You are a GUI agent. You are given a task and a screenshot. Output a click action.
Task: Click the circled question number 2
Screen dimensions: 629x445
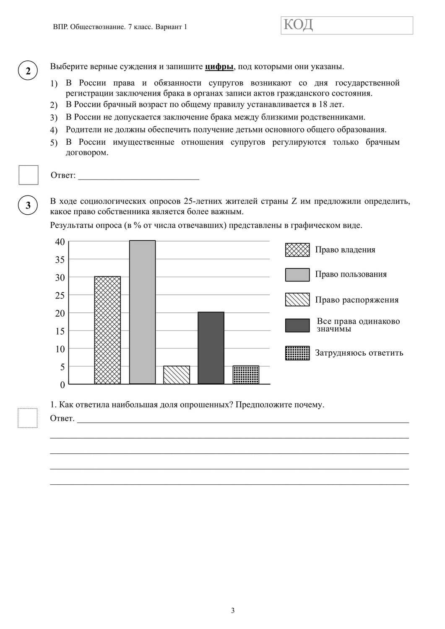(x=28, y=71)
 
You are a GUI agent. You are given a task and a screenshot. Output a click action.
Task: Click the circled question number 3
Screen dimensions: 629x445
(x=28, y=205)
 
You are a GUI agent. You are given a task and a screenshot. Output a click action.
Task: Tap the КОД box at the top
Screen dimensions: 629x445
(x=347, y=25)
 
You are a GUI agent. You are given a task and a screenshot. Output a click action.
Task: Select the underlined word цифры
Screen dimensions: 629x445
(x=219, y=67)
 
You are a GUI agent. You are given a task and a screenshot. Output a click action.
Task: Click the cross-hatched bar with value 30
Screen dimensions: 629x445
(x=107, y=330)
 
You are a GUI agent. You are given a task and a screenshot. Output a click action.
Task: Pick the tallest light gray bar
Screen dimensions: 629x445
(x=142, y=312)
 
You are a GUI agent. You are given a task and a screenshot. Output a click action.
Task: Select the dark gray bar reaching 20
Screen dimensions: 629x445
(x=211, y=348)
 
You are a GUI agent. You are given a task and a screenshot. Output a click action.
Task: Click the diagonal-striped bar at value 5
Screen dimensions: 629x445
(x=177, y=375)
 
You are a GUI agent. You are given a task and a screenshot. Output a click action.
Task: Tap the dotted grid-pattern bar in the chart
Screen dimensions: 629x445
(x=246, y=375)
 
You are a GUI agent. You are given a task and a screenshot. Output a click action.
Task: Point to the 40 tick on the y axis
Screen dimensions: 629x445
(x=60, y=242)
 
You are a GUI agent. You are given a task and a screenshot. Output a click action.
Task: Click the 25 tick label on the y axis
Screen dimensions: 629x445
(x=60, y=295)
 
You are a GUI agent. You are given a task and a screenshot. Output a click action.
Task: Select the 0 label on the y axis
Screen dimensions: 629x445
(x=62, y=385)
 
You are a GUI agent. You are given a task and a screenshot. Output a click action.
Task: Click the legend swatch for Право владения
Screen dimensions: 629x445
(x=297, y=250)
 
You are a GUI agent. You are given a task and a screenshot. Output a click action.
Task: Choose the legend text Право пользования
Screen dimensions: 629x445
(x=351, y=274)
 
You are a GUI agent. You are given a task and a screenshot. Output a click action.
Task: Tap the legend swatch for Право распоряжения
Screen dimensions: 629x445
(x=297, y=299)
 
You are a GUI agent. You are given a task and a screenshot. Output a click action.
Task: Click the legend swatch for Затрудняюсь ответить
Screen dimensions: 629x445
(x=297, y=353)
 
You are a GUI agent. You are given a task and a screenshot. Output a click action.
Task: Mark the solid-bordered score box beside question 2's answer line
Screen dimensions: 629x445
(x=29, y=175)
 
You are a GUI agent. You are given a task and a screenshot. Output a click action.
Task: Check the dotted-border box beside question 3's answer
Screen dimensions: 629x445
(x=28, y=418)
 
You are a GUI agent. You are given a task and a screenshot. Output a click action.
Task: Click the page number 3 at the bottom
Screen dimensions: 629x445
(x=233, y=611)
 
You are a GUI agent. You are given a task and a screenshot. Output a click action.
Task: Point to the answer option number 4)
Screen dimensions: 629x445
(x=54, y=130)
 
